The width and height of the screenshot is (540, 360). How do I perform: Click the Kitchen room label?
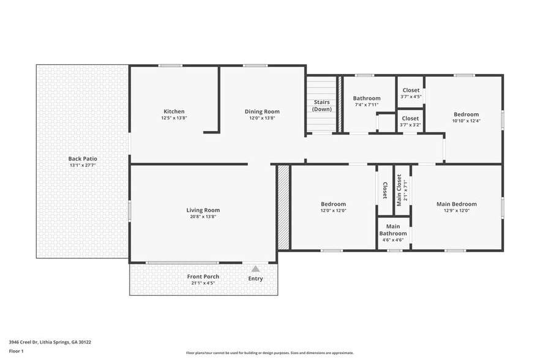click(174, 111)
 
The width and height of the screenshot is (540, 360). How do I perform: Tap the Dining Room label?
click(262, 111)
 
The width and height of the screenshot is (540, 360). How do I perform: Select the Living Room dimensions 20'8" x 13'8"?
click(203, 216)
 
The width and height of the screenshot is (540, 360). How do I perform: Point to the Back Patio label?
click(82, 159)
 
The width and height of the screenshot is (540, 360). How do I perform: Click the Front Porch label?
click(203, 277)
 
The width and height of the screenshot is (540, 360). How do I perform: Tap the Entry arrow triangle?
click(255, 269)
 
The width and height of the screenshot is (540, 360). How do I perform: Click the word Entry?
click(255, 279)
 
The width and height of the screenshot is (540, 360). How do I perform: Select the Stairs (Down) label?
click(322, 105)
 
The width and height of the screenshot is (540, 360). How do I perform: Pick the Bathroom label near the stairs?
click(367, 98)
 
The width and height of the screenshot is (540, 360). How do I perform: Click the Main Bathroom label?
click(392, 230)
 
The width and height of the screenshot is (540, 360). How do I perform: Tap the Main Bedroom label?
click(456, 204)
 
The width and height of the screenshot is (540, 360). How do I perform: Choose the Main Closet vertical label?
click(399, 190)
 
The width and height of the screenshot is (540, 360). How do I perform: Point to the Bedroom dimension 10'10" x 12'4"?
click(466, 121)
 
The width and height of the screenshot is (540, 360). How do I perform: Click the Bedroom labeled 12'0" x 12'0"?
click(333, 207)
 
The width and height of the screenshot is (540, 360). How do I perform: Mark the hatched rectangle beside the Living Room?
click(283, 206)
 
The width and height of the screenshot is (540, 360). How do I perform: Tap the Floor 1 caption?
click(16, 351)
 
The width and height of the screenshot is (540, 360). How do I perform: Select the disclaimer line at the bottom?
click(269, 353)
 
